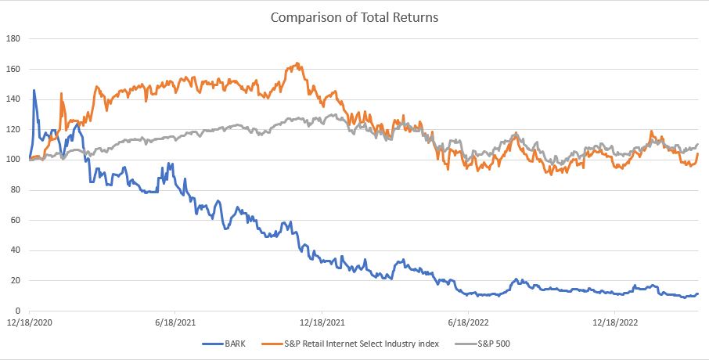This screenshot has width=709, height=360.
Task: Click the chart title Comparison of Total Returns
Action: coord(354,16)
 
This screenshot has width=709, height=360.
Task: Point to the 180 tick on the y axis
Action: coord(13,38)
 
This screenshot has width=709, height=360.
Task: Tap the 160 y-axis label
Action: coord(13,69)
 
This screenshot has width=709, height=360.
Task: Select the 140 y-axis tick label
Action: coord(13,99)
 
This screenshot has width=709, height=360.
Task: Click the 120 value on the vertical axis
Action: coord(13,130)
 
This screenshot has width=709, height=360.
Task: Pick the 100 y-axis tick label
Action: coord(13,160)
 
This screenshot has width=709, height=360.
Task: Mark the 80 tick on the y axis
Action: coord(16,190)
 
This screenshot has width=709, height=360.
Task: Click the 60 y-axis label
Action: coord(16,221)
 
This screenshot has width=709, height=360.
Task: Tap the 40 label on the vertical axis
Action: coord(16,250)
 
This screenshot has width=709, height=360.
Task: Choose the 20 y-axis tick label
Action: coord(16,281)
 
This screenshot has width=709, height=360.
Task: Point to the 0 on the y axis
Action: coord(18,311)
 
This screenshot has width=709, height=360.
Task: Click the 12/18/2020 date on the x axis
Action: coord(29,322)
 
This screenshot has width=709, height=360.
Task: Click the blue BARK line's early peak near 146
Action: coord(34,90)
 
